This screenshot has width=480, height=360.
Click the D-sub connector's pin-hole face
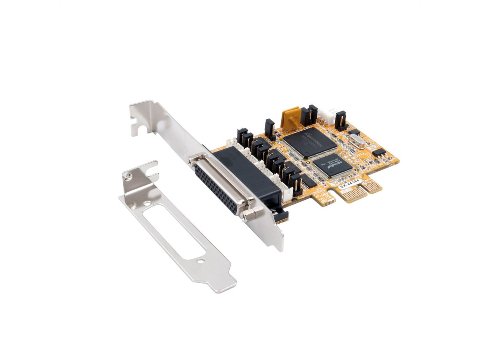click(218, 184)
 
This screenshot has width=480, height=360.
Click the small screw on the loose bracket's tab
click(127, 175)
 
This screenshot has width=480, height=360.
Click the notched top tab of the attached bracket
click(142, 116)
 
